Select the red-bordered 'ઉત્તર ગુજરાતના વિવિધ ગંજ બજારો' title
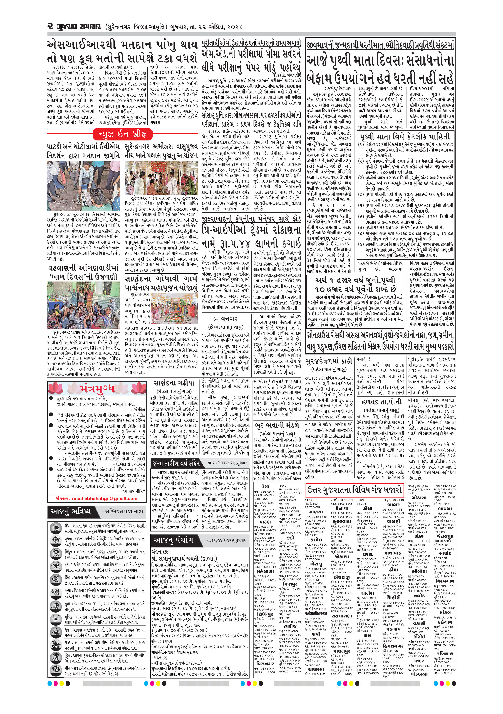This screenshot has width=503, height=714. pyautogui.click(x=355, y=491)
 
